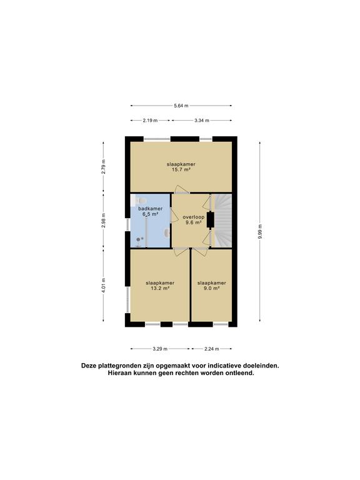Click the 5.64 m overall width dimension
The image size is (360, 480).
[x=181, y=105]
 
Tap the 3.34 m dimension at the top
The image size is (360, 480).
[x=201, y=120]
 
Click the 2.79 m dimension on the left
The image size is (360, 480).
[x=104, y=166]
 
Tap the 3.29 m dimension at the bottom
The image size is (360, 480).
[x=160, y=349]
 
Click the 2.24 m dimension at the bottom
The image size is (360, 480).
[x=212, y=349]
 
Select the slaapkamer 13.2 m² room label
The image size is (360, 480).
[x=160, y=285]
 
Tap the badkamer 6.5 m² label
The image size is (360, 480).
[x=150, y=211]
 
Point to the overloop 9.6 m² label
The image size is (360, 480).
[x=192, y=219]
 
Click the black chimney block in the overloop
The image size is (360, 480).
[x=210, y=219]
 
